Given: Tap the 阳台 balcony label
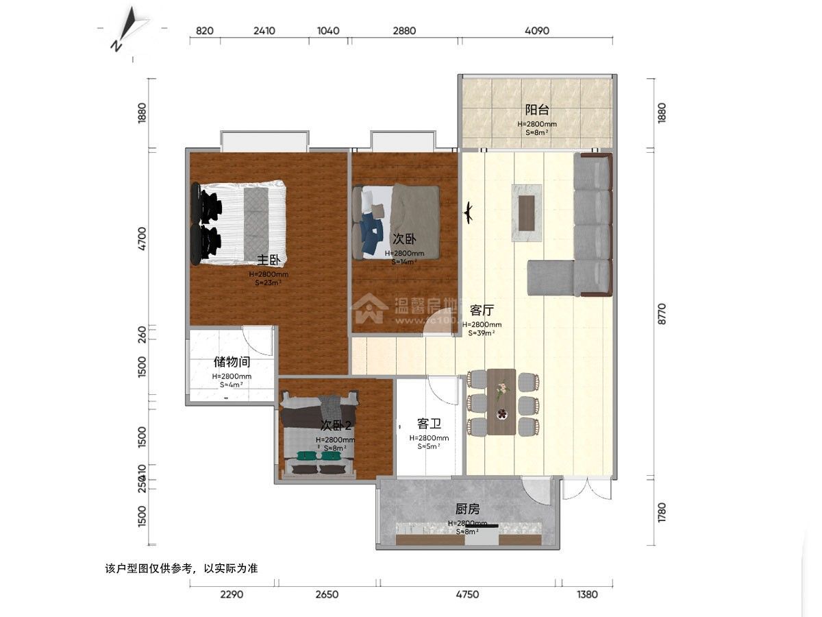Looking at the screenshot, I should tap(536, 110).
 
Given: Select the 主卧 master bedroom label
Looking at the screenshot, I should tap(268, 260).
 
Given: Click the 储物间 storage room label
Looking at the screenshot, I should tap(232, 362).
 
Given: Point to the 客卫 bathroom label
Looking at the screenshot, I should tap(428, 424).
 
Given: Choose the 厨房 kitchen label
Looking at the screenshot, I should tap(467, 509).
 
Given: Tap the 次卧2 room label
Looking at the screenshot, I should tap(336, 425).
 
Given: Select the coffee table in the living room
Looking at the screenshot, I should tap(526, 213).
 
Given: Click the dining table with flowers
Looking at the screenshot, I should tap(501, 402).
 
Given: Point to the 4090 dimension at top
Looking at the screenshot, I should tap(537, 31).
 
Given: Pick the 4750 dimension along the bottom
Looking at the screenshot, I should tap(467, 594).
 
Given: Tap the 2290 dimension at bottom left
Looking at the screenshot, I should tap(232, 594).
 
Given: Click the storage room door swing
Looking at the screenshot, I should tap(260, 340).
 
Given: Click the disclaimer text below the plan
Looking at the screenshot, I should tap(182, 568).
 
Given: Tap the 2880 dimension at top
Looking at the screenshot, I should tap(404, 31).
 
